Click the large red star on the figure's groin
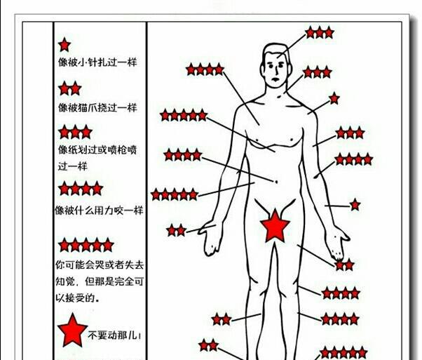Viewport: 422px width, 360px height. click(275, 226)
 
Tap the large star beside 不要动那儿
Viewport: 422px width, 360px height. click(72, 331)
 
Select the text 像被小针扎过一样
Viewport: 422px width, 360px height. click(97, 62)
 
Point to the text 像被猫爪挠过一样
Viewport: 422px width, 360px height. click(97, 107)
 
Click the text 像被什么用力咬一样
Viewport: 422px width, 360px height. click(99, 211)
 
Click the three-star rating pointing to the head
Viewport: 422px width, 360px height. click(319, 32)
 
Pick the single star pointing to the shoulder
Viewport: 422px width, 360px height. click(334, 98)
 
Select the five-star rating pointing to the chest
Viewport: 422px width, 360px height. click(184, 114)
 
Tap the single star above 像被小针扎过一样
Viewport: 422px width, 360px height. click(64, 45)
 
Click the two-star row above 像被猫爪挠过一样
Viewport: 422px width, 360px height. click(69, 88)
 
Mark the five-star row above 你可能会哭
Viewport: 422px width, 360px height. click(86, 245)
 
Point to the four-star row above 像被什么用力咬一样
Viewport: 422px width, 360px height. click(80, 188)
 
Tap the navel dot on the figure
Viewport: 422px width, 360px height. click(276, 182)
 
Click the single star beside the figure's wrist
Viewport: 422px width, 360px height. click(355, 205)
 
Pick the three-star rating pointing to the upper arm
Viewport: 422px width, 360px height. click(350, 133)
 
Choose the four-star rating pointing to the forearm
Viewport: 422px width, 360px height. click(353, 159)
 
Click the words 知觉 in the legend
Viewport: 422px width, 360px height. click(64, 281)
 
